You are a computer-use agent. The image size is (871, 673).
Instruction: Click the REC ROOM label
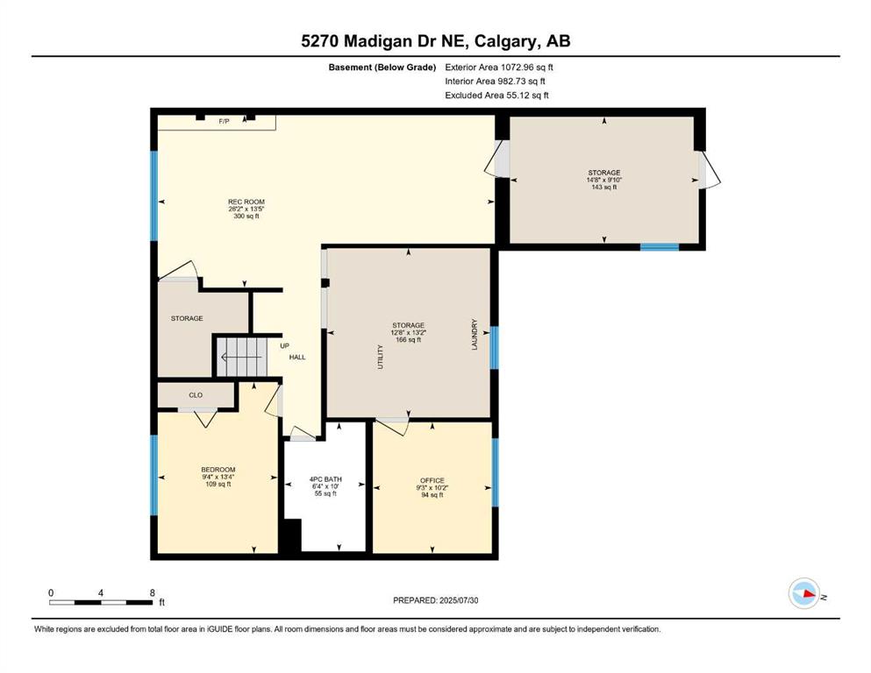246,202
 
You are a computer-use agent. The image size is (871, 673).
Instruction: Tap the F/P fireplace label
224,121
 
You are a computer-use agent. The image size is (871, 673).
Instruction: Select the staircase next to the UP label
241,356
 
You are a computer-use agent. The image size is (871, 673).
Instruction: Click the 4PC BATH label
325,479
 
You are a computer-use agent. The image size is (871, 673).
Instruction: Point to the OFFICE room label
432,480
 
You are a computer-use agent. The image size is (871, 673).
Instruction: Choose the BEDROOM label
218,470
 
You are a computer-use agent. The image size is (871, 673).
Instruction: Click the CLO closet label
196,395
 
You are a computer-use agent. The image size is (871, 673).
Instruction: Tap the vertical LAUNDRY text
475,334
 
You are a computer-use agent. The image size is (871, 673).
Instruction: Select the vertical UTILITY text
381,357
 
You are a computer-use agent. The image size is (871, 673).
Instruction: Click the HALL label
297,358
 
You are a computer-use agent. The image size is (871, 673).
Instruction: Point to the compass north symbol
804,593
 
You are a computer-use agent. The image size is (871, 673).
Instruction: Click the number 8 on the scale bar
153,592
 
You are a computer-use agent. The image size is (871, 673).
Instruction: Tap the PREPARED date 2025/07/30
458,600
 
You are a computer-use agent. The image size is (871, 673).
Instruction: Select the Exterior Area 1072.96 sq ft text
499,67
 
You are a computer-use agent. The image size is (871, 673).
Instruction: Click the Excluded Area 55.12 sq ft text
496,95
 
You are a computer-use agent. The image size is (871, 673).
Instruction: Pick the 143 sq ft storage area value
604,188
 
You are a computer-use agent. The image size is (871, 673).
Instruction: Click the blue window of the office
495,472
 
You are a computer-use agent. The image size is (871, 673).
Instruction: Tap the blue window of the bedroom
153,475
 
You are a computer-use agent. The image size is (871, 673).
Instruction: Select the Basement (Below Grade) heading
382,67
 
